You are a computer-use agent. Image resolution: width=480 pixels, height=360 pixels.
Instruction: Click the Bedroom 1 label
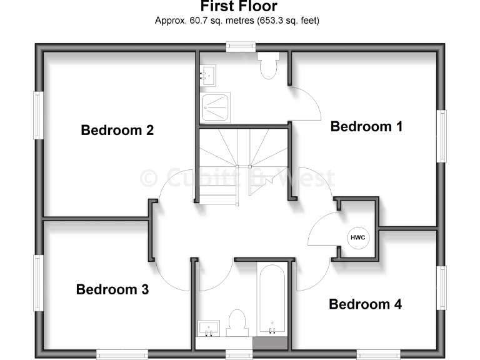pyautogui.click(x=366, y=126)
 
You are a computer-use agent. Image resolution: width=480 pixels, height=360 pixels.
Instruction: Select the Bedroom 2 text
pyautogui.click(x=117, y=130)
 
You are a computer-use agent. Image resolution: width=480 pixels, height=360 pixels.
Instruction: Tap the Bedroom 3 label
pyautogui.click(x=112, y=289)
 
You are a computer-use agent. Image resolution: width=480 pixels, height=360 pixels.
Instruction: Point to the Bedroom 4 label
pyautogui.click(x=365, y=304)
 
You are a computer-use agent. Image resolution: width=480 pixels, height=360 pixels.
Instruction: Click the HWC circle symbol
pyautogui.click(x=357, y=238)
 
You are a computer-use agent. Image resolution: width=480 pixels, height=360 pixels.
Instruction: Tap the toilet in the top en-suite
pyautogui.click(x=269, y=66)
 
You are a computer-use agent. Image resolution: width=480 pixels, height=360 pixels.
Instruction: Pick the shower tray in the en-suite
pyautogui.click(x=215, y=107)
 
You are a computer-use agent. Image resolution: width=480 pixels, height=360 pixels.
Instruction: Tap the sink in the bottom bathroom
pyautogui.click(x=208, y=327)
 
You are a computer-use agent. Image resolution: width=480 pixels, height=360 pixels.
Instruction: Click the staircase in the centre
pyautogui.click(x=242, y=166)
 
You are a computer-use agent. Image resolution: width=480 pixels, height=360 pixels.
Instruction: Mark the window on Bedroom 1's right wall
pyautogui.click(x=442, y=136)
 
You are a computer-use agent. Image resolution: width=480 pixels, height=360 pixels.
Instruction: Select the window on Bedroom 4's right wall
pyautogui.click(x=442, y=287)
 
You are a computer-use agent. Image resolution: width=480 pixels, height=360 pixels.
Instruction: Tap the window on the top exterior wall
pyautogui.click(x=241, y=46)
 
